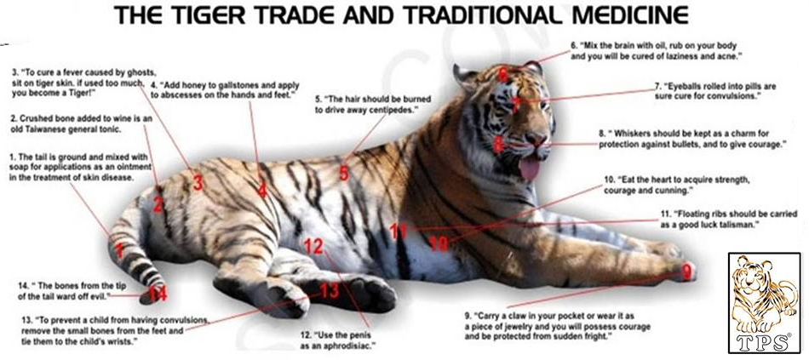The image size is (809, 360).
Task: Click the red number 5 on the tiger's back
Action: pyautogui.click(x=344, y=173)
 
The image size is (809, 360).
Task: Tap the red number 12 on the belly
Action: pyautogui.click(x=313, y=246)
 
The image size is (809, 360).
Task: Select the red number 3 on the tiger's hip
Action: pyautogui.click(x=198, y=183)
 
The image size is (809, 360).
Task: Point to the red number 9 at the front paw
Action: pyautogui.click(x=686, y=271)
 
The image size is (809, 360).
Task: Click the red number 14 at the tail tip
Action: pyautogui.click(x=158, y=294)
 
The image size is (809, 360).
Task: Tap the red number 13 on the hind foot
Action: pyautogui.click(x=330, y=291)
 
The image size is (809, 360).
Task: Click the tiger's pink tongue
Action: pyautogui.click(x=530, y=168)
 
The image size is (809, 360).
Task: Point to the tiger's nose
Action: pyautogui.click(x=537, y=138)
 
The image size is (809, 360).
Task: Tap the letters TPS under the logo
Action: pyautogui.click(x=765, y=341)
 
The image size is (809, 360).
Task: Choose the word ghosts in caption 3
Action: pyautogui.click(x=140, y=71)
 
